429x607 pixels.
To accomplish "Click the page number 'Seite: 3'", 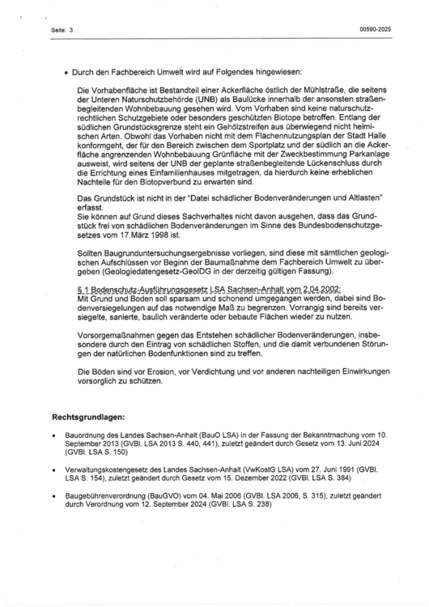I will [x=62, y=30].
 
